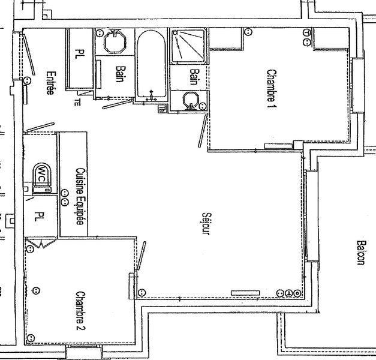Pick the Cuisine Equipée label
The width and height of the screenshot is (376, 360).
tap(80, 195)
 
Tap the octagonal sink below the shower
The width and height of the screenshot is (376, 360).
tap(191, 101)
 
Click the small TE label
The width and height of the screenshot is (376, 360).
tap(77, 102)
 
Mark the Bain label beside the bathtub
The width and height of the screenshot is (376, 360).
tap(119, 74)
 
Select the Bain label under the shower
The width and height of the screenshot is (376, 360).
tap(194, 78)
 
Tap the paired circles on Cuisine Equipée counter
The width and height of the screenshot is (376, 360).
tap(64, 193)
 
